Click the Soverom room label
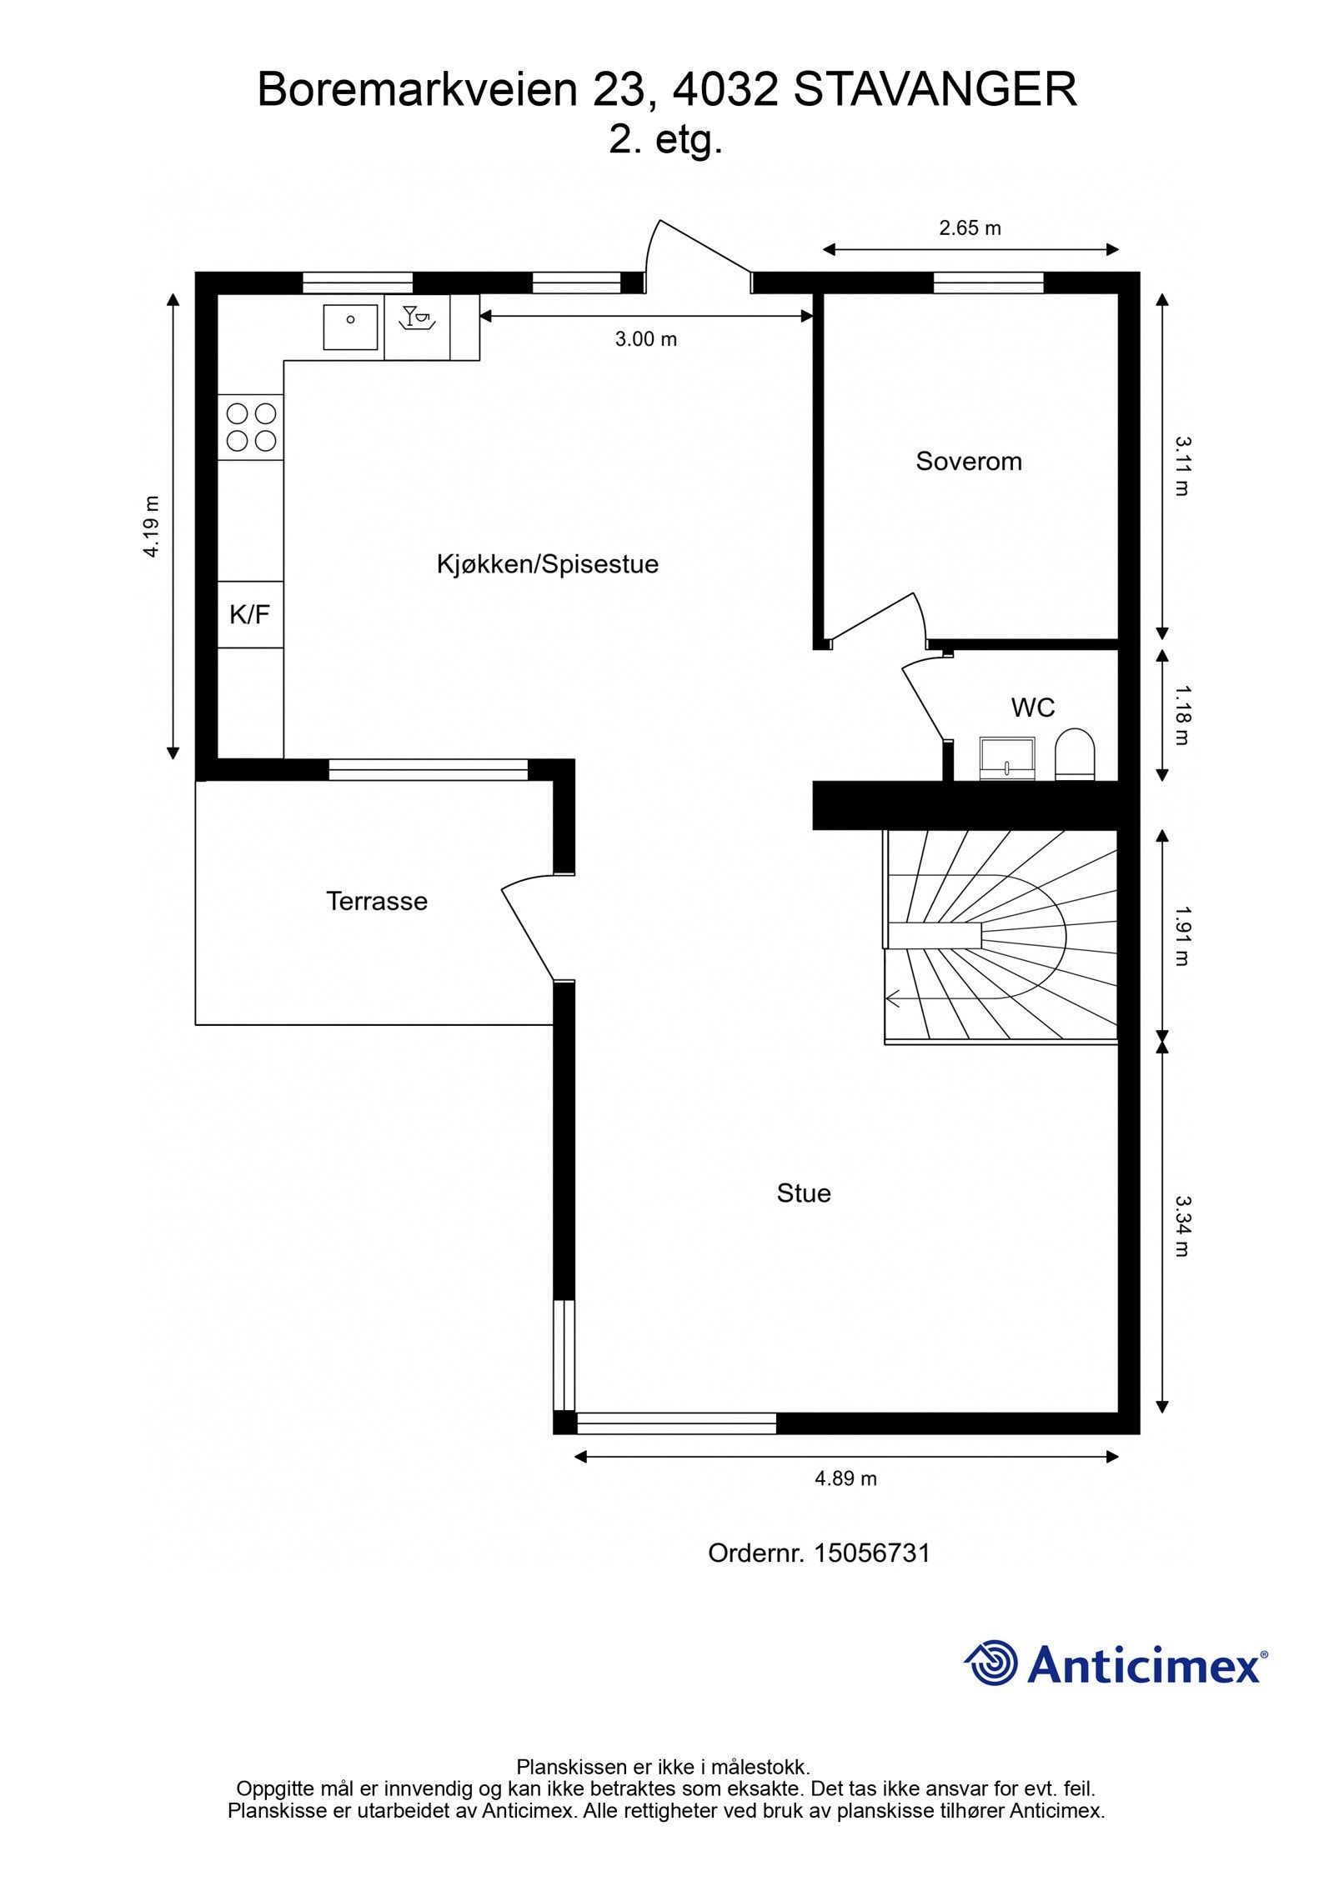pyautogui.click(x=968, y=461)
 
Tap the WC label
pyautogui.click(x=1032, y=707)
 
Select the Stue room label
pyautogui.click(x=803, y=1193)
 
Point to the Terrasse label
pyautogui.click(x=376, y=900)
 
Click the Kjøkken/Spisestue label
pyautogui.click(x=547, y=564)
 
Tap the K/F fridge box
pyautogui.click(x=250, y=614)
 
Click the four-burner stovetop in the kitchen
pyautogui.click(x=251, y=427)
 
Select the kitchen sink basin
pyautogui.click(x=350, y=327)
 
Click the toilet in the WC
pyautogui.click(x=1075, y=754)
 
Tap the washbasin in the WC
pyautogui.click(x=1006, y=758)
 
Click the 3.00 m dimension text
pyautogui.click(x=645, y=339)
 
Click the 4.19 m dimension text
pyautogui.click(x=151, y=527)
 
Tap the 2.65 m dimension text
pyautogui.click(x=970, y=228)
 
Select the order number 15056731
pyautogui.click(x=871, y=1552)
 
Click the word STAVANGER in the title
pyautogui.click(x=935, y=90)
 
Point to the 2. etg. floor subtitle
pyautogui.click(x=664, y=139)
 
